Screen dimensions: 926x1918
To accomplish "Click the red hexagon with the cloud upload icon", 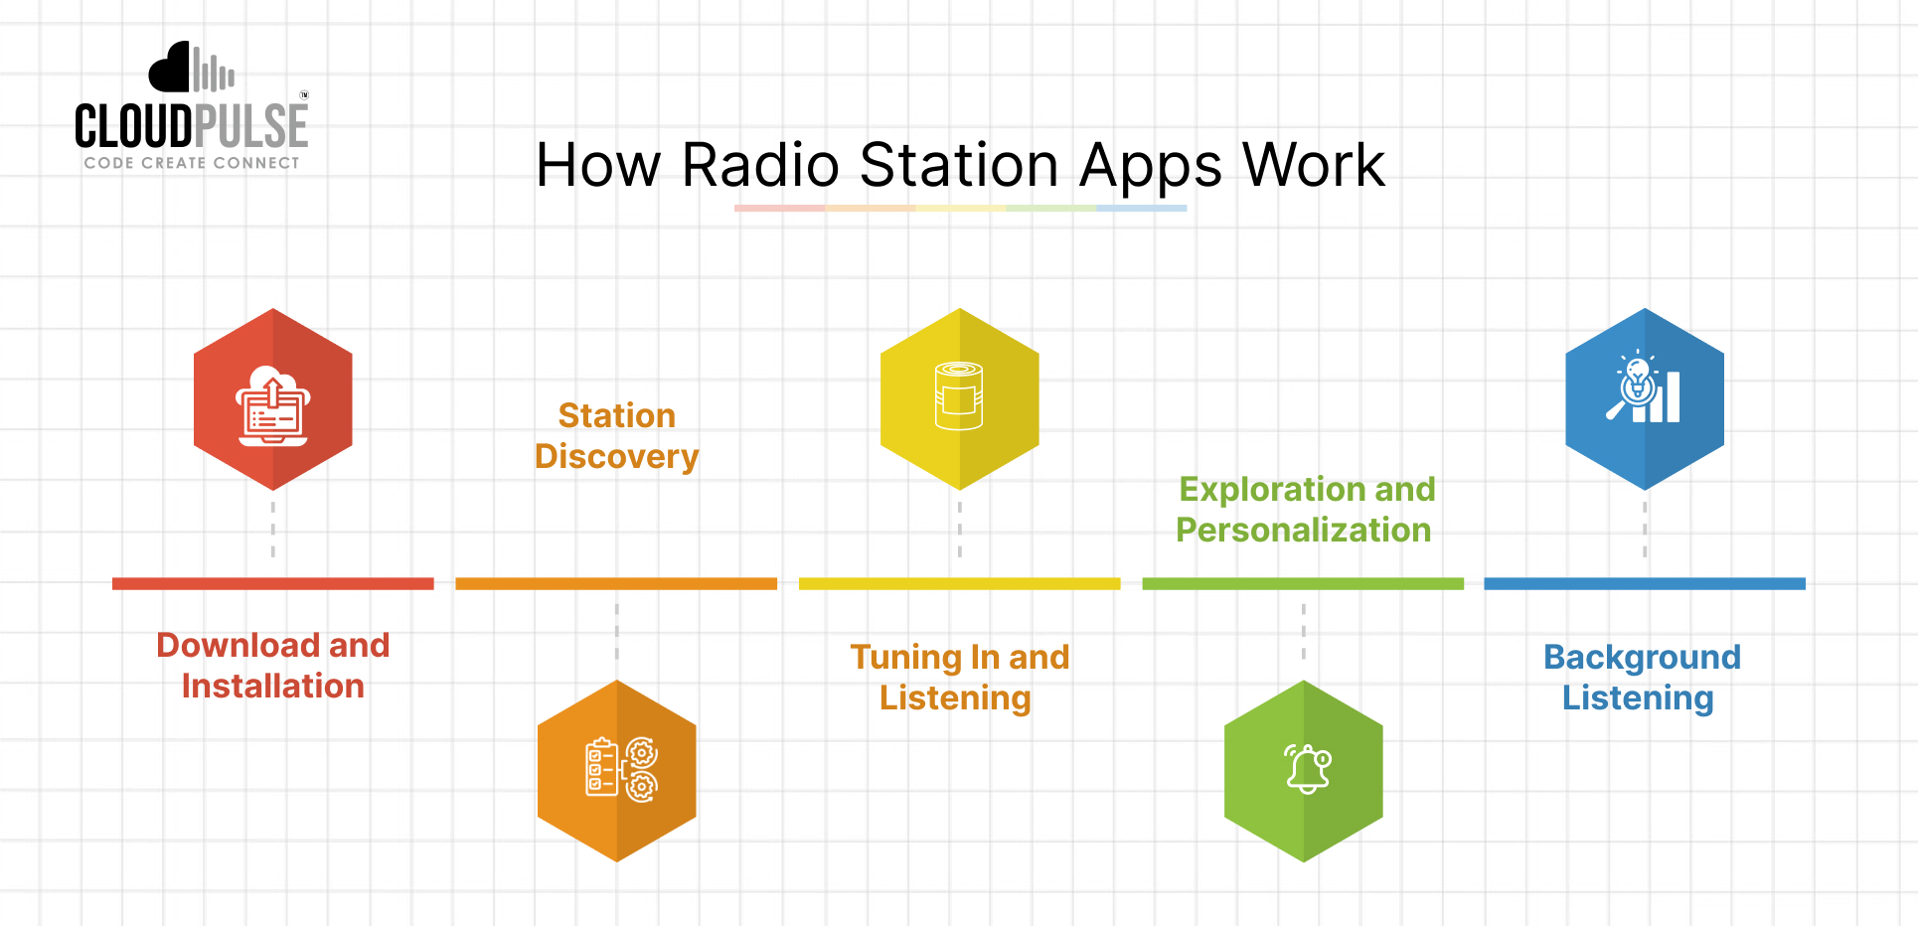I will [272, 399].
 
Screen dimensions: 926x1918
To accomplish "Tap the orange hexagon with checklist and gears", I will [616, 770].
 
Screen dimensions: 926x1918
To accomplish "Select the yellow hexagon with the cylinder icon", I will [959, 399].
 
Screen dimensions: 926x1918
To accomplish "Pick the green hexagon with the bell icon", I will [1303, 770].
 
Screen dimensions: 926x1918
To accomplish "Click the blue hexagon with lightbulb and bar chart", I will [1644, 399].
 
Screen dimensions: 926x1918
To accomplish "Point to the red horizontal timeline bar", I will [272, 584].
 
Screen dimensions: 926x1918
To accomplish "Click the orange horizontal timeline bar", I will [616, 584].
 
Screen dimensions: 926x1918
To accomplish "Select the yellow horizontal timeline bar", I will [959, 584].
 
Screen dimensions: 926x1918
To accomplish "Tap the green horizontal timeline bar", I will [1303, 584].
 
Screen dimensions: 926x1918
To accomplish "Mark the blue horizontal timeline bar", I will [1644, 584].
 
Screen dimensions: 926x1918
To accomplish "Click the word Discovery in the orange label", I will [616, 457].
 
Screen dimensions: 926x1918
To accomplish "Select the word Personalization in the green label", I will [1303, 531].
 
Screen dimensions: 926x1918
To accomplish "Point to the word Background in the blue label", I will [1642, 658].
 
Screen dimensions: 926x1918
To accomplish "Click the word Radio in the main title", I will [760, 165].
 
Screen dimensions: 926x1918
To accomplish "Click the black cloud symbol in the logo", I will [171, 70].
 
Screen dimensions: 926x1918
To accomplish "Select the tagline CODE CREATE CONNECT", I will [191, 163].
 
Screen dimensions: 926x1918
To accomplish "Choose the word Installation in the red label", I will [272, 687].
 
